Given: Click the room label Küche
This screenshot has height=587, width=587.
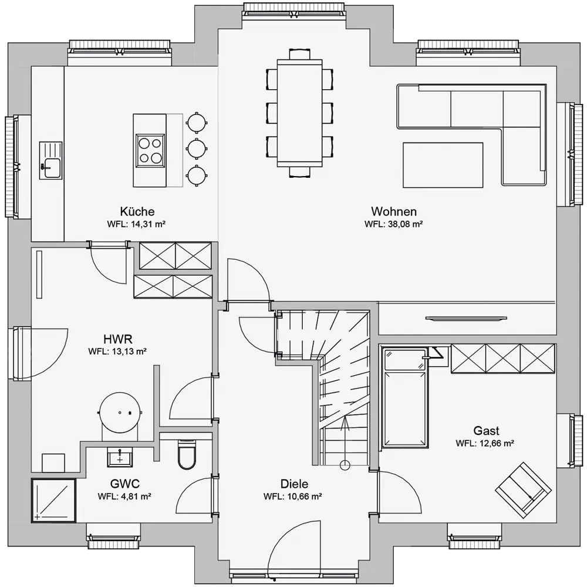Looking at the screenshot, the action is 137,211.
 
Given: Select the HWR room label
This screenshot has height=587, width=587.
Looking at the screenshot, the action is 117,339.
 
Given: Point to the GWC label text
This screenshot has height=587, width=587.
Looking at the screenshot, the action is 124,484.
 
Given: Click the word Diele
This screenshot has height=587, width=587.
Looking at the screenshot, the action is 294,484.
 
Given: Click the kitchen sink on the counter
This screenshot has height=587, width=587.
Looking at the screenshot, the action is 51,160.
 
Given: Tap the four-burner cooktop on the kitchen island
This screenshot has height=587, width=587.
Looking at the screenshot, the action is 150,150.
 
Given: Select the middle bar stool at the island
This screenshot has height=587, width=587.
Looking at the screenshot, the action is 197,149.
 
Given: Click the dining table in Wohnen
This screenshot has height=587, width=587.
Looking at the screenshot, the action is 299,113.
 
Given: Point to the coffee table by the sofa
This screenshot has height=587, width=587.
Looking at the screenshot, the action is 443,165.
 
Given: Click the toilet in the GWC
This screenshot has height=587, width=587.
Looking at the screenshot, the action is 187,454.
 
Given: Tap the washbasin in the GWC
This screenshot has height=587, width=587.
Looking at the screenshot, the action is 120,457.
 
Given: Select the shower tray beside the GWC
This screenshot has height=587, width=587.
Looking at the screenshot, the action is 53,501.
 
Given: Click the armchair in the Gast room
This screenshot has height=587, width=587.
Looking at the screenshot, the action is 523,490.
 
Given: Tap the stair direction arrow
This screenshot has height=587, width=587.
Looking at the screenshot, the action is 345,441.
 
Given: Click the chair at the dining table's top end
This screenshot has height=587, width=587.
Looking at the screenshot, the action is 299,54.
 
